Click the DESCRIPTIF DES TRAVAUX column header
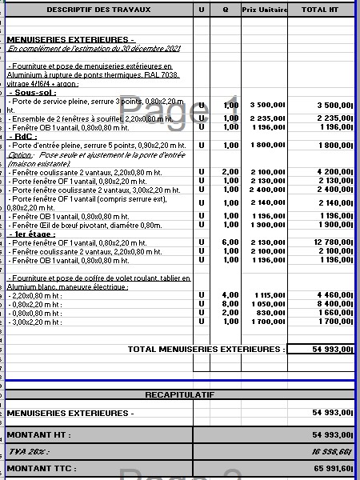97,9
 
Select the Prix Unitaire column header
263,9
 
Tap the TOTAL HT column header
319,9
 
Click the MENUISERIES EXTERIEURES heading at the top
70,39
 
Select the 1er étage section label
33,234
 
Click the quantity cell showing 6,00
230,242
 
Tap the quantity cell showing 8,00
230,304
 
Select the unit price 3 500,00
266,105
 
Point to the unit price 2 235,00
266,118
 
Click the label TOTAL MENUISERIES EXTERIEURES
206,349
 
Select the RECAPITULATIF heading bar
180,394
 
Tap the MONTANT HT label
38,434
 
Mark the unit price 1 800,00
266,145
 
